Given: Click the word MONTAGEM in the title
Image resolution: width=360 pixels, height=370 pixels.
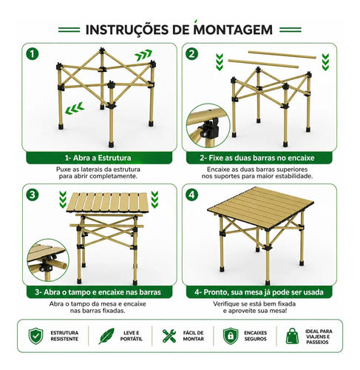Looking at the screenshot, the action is click(x=233, y=29).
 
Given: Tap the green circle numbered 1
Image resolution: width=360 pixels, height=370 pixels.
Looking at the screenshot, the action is click(x=33, y=53).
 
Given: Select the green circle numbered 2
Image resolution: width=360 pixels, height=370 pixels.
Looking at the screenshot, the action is click(x=191, y=54).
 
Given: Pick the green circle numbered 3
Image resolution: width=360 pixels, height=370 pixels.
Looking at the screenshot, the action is click(x=33, y=195).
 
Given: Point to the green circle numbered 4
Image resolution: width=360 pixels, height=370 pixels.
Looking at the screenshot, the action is click(x=191, y=195).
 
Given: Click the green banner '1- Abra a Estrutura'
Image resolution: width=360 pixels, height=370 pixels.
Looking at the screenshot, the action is click(x=99, y=158).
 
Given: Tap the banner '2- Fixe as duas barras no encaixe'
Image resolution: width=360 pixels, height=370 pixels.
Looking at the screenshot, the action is click(x=259, y=158).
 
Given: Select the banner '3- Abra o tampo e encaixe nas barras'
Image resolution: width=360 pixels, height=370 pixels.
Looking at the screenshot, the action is click(x=99, y=292).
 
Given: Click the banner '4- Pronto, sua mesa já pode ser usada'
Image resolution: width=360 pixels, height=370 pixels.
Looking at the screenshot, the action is click(x=259, y=292).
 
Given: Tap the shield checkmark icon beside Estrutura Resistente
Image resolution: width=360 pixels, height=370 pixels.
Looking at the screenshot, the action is click(x=36, y=336).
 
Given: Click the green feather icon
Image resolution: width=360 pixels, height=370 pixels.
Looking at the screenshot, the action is click(x=106, y=336).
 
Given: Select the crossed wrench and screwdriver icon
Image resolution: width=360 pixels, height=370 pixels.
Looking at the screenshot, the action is click(x=169, y=336).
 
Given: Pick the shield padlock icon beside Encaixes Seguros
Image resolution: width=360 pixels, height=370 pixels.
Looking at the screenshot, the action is click(x=231, y=336).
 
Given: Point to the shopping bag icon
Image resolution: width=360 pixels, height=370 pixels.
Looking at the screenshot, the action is click(x=292, y=336).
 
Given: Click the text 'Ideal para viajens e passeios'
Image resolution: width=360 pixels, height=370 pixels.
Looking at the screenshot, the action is click(x=319, y=337).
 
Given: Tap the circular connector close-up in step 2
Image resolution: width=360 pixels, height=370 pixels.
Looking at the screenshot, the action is click(x=208, y=126).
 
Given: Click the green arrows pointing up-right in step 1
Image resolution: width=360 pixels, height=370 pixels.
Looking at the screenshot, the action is click(x=143, y=55).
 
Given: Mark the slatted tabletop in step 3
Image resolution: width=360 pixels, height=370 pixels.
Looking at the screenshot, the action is click(x=108, y=202).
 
